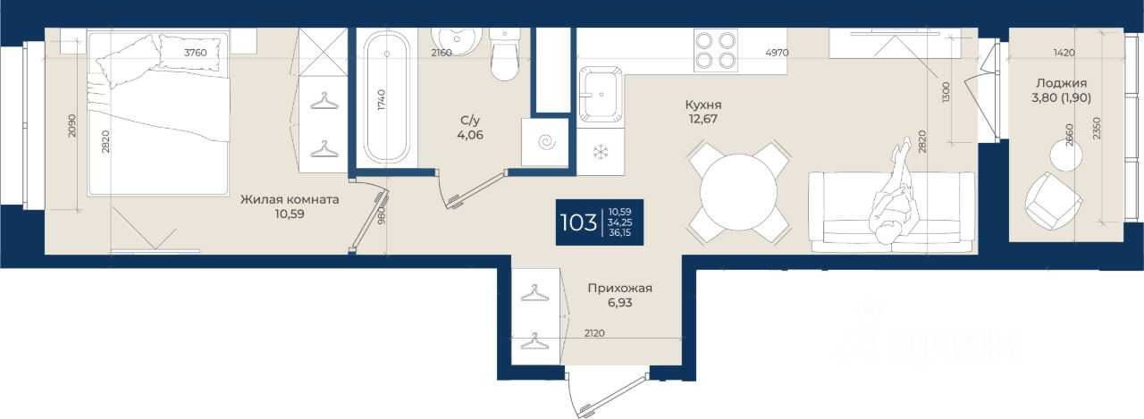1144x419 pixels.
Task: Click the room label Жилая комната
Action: coord(290,199)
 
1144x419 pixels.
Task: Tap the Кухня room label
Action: coord(703,105)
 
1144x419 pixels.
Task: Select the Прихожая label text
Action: coord(619,289)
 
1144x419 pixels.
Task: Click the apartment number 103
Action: coord(578,222)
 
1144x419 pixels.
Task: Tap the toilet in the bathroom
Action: coord(505,54)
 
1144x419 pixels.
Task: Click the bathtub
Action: coord(387,97)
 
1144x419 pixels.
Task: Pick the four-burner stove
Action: coord(715,50)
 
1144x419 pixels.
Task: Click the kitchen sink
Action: coord(601,94)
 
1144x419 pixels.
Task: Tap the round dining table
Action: coord(738,192)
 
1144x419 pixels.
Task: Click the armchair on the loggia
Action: coord(1053,202)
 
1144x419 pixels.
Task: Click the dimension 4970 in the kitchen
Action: coord(778,53)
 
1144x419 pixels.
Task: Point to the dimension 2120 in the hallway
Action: coord(594,333)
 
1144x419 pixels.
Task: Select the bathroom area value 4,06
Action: coord(470,135)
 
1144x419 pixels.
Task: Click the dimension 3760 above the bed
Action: coord(196,53)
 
